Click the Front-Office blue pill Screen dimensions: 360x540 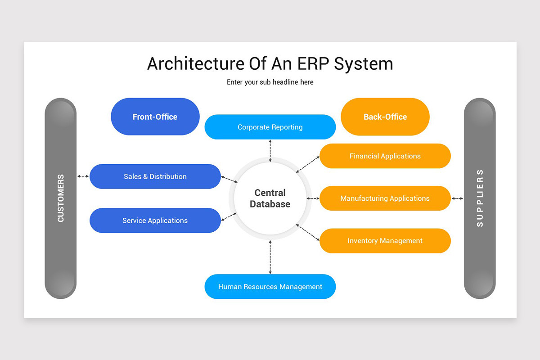tap(155, 117)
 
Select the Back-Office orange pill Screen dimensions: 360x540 tap(385, 117)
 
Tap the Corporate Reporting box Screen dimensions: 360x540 tap(270, 127)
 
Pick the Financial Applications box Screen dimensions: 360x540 tap(385, 156)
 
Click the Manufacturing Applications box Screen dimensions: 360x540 tap(385, 198)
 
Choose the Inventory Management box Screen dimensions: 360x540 tap(385, 241)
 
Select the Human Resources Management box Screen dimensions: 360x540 tap(270, 287)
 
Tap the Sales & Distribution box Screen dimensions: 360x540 tap(155, 176)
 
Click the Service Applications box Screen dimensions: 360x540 tap(155, 220)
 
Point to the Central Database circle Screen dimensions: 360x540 tap(270, 198)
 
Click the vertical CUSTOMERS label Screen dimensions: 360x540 tap(61, 198)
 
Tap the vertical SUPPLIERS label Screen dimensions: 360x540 tap(480, 198)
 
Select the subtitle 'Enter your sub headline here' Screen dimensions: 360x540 tap(270, 82)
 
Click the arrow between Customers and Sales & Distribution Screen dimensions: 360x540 tap(83, 176)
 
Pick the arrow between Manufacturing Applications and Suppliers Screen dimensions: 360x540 tap(457, 198)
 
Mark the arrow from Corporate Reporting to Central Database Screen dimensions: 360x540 tap(270, 151)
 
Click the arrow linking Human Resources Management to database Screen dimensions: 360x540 tap(270, 257)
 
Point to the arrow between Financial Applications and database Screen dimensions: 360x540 tap(307, 164)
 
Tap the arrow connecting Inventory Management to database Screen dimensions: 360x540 tap(307, 232)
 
